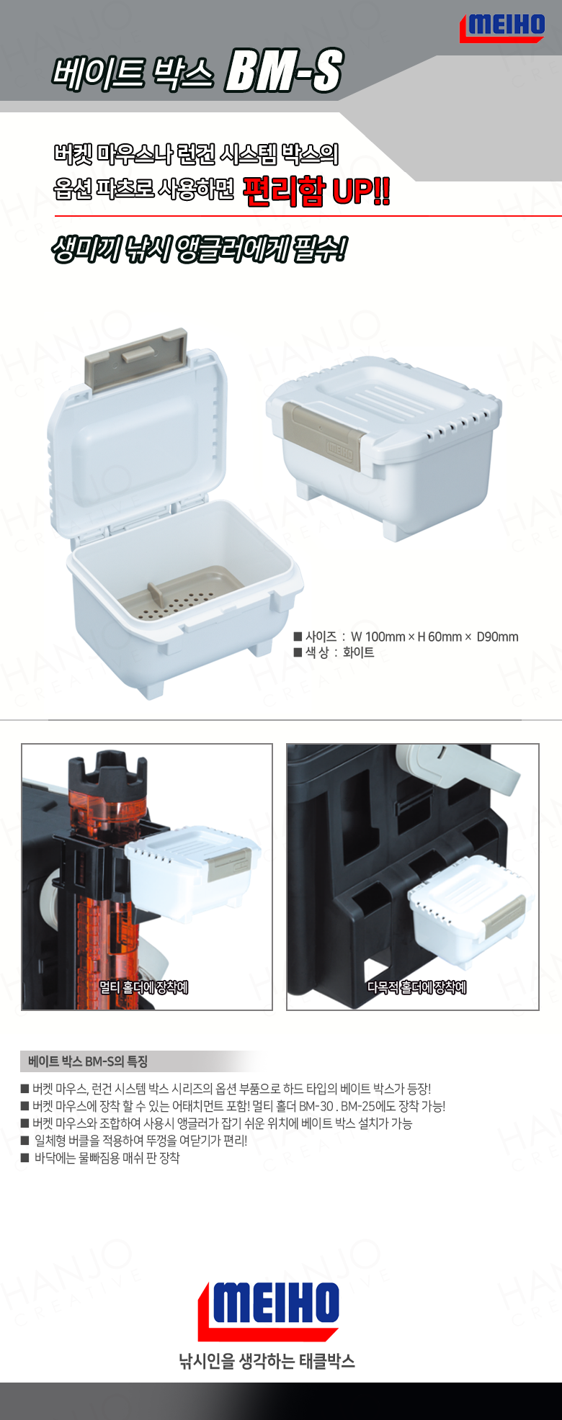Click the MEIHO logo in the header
pyautogui.click(x=502, y=27)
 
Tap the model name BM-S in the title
pyautogui.click(x=284, y=71)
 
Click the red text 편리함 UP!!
pyautogui.click(x=316, y=191)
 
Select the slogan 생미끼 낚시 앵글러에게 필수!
pyautogui.click(x=199, y=250)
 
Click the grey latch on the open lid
pyautogui.click(x=136, y=358)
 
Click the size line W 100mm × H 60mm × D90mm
pyautogui.click(x=406, y=637)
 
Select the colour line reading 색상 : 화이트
pyautogui.click(x=334, y=652)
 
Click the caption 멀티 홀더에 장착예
pyautogui.click(x=143, y=987)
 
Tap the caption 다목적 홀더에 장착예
pyautogui.click(x=416, y=987)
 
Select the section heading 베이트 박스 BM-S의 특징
pyautogui.click(x=88, y=1061)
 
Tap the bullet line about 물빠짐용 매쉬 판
pyautogui.click(x=100, y=1158)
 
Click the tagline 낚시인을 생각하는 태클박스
pyautogui.click(x=267, y=1361)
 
